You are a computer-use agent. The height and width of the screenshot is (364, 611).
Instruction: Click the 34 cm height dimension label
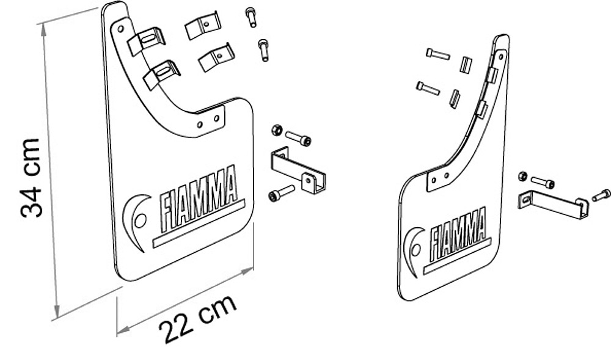31,178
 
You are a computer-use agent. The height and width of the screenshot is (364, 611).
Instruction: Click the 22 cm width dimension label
197,319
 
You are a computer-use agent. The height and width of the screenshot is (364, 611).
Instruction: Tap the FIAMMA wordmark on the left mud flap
199,198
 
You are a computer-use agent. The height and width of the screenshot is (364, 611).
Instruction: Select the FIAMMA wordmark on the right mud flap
458,235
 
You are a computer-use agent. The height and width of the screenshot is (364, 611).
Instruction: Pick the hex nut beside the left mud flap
277,130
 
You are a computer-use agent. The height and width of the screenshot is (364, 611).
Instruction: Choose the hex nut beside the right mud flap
523,176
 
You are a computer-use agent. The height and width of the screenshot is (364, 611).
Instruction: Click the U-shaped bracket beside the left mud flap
298,170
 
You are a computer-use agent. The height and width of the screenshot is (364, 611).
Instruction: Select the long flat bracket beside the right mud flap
554,205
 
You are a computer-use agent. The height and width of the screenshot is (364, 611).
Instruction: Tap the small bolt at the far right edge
601,195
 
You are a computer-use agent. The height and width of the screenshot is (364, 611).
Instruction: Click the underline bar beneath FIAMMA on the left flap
199,224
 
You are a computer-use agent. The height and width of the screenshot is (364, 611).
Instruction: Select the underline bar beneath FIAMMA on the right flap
457,257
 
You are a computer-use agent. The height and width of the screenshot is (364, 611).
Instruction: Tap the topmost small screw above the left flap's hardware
251,17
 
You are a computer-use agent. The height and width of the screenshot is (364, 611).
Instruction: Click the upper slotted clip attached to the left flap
147,40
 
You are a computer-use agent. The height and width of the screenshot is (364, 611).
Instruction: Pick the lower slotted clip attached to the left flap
162,74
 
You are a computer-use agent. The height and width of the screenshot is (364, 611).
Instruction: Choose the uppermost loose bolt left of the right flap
438,54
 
